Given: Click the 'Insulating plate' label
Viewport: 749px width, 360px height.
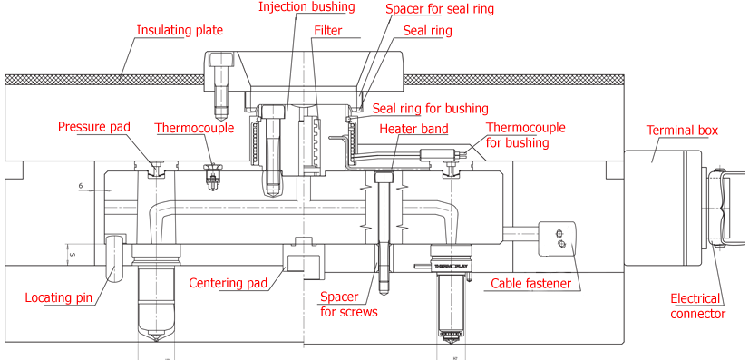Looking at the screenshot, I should coord(179,30).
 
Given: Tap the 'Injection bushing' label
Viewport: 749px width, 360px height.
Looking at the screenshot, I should coord(306,7).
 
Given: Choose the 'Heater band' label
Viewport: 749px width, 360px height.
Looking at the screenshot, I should coord(413,130).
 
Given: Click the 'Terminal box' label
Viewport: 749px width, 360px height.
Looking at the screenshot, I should coord(682,131).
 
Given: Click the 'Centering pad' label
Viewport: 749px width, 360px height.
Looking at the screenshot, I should coord(229,283).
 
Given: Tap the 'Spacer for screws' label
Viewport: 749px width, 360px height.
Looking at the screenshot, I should coord(348,305).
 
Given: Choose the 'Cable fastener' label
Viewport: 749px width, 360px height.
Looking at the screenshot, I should coord(531,284).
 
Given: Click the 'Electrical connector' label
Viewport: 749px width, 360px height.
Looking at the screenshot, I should coord(698,306).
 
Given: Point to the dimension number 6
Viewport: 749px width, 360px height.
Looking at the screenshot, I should coord(81,186).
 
